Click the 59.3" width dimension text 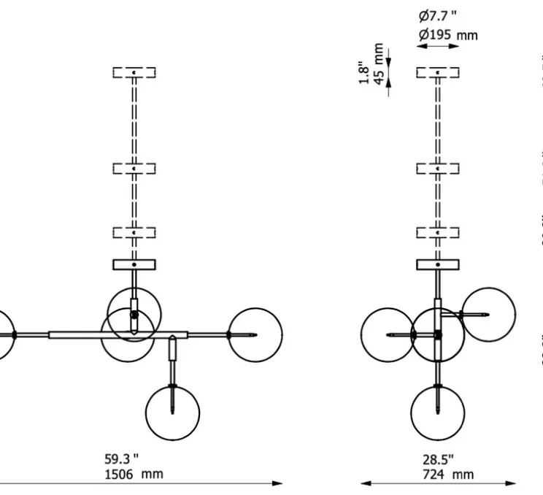point(120,459)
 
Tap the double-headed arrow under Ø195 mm point(438,47)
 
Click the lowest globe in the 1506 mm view point(172,413)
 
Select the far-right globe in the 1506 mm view point(255,334)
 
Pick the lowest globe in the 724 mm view point(437,413)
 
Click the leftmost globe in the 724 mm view point(388,334)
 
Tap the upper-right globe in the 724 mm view point(488,314)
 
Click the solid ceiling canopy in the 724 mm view point(437,265)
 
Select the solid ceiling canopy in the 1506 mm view point(134,265)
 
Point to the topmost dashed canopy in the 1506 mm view point(134,72)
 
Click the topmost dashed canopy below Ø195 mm point(437,72)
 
